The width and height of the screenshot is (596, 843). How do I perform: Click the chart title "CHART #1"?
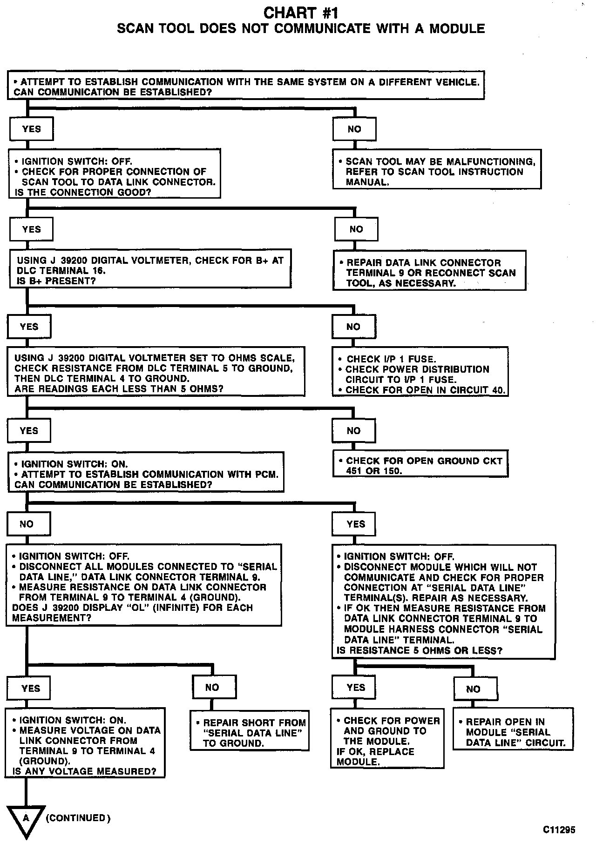click(301, 13)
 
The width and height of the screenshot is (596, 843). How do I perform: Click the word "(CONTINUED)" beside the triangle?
click(78, 818)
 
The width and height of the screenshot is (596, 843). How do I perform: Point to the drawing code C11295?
click(559, 829)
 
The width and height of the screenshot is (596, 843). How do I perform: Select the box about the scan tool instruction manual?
click(437, 169)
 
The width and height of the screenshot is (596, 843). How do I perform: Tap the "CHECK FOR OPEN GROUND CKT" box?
click(420, 463)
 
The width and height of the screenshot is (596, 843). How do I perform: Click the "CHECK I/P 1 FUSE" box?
click(420, 372)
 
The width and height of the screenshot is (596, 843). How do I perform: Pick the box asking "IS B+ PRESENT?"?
click(149, 270)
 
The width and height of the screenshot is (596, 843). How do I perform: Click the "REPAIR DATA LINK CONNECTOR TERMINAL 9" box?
click(429, 271)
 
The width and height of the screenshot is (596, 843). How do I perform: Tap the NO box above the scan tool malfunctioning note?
click(354, 129)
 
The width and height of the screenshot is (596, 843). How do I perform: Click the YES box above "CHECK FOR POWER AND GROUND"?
click(355, 687)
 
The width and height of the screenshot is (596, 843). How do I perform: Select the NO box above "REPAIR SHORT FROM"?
click(212, 687)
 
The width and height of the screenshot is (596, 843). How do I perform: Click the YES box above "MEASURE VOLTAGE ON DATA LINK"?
click(31, 689)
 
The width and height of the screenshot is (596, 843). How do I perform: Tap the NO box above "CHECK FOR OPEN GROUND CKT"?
click(353, 430)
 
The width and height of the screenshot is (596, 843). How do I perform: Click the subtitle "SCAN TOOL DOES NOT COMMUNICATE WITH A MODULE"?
click(301, 29)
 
